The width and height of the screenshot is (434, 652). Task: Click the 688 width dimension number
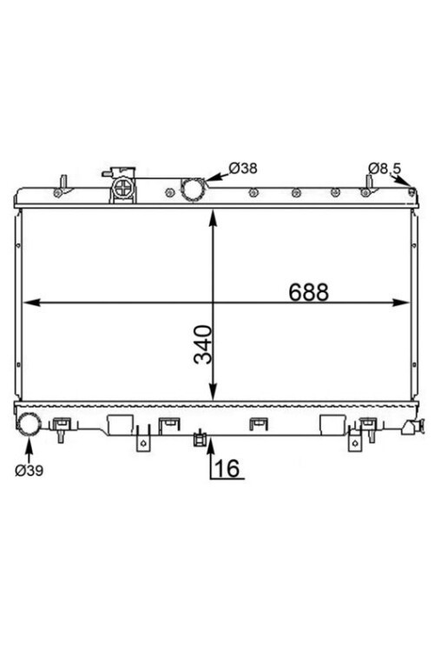[x=308, y=292]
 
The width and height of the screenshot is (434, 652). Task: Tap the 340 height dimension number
[x=203, y=345]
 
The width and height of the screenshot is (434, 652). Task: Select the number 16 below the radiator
[x=228, y=469]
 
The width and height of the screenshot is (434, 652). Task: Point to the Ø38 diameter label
[x=243, y=168]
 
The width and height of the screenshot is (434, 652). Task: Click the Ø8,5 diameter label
[x=385, y=169]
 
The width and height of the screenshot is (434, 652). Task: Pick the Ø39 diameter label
[x=29, y=470]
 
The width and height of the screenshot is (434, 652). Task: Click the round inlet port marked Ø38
[x=193, y=190]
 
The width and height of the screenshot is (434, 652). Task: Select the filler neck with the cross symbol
[x=123, y=190]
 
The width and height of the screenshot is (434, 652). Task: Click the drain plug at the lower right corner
[x=414, y=428]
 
